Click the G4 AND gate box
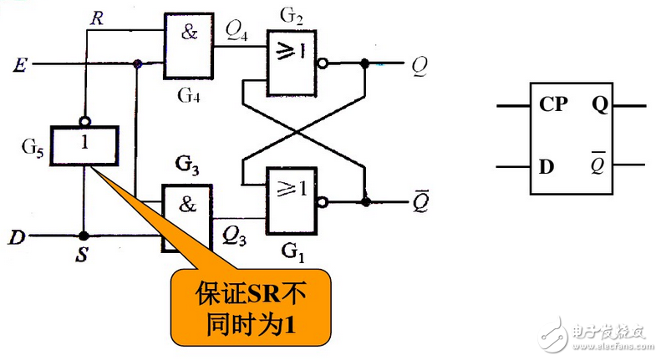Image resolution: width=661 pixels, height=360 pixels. pos(188,47)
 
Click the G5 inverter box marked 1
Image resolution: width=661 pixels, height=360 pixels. pos(84,145)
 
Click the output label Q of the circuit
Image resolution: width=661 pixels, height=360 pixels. pos(417,63)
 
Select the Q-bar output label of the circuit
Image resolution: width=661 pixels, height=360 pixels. pos(417,200)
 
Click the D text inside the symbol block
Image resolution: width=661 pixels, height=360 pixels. pos(547,165)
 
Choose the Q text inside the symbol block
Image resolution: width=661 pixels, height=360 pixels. pos(599,105)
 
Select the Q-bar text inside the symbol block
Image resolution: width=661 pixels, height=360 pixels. pos(598,165)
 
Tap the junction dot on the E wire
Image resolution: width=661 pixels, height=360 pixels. pos(136,63)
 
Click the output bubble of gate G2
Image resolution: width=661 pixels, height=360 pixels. pos(323,63)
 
